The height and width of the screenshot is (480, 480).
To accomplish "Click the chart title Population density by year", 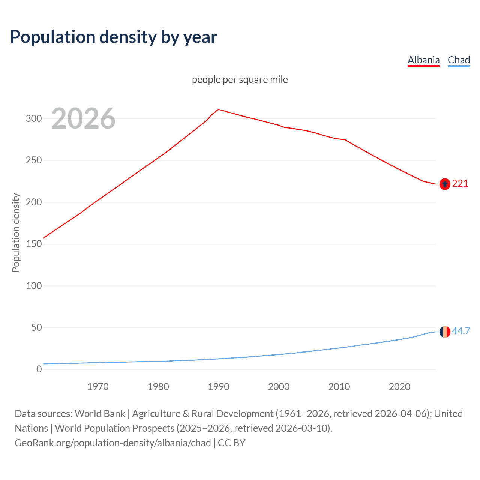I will (114, 37).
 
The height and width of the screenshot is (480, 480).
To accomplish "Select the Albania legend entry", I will (423, 60).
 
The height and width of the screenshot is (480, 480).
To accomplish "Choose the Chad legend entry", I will (459, 60).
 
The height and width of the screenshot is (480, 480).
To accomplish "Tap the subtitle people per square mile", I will (240, 79).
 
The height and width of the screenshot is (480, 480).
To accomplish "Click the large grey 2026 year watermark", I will (83, 118).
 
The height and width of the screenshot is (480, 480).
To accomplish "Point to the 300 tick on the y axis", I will (33, 119).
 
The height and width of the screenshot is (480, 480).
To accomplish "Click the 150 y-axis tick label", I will (33, 244).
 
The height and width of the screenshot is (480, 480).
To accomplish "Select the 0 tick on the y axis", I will (39, 369).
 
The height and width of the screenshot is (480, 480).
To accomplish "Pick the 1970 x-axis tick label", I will (98, 387).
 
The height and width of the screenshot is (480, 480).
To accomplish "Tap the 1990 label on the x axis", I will (219, 387).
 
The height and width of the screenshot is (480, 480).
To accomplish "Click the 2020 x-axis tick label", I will (399, 387).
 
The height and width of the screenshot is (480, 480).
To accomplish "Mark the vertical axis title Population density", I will (16, 232).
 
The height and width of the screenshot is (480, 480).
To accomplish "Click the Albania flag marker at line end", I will (445, 184).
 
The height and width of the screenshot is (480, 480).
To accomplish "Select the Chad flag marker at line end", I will (445, 331).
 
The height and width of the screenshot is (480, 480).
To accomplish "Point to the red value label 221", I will (460, 183).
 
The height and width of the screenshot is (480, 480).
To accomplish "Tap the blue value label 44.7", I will (461, 331).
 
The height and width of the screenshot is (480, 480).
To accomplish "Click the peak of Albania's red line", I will (219, 109).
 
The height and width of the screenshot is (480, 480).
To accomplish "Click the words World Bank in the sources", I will (100, 414).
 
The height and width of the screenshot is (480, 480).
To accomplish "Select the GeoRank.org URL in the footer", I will (112, 443).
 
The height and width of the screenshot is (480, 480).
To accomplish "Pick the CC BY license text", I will (232, 443).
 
